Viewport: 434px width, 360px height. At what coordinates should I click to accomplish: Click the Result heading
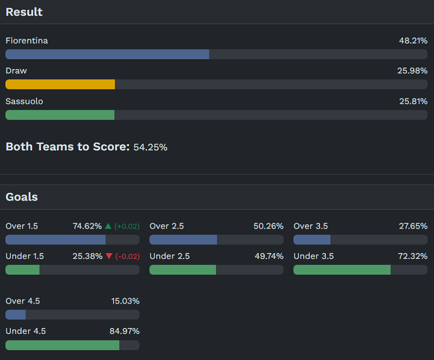click(x=24, y=12)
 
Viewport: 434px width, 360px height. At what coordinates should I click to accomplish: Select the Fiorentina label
click(x=27, y=41)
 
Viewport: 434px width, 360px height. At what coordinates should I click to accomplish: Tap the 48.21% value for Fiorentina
click(x=413, y=41)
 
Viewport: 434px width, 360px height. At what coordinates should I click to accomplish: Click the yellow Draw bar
click(x=60, y=84)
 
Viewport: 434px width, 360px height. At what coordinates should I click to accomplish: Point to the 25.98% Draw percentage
click(x=413, y=71)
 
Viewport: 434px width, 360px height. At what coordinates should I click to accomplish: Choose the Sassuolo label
click(x=24, y=102)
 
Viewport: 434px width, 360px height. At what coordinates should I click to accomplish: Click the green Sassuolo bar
click(x=60, y=115)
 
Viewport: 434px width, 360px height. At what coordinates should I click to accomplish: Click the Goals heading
click(x=22, y=197)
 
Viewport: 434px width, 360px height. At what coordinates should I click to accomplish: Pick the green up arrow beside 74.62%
click(x=108, y=226)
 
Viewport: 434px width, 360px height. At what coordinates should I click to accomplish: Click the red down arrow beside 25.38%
click(x=109, y=256)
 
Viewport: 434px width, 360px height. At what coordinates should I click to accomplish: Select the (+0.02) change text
click(x=127, y=226)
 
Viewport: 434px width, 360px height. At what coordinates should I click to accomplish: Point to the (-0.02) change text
click(x=127, y=256)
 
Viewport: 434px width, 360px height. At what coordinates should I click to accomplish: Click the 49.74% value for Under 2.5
click(x=269, y=256)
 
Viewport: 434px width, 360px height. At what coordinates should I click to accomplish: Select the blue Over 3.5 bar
click(x=312, y=239)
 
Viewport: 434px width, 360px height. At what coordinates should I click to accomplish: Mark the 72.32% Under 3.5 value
click(x=413, y=256)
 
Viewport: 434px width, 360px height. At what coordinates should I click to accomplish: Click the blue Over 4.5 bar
click(x=16, y=314)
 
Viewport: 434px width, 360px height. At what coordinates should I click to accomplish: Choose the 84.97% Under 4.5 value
click(x=125, y=331)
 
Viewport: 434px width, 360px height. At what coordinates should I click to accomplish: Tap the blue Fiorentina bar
click(x=107, y=54)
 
